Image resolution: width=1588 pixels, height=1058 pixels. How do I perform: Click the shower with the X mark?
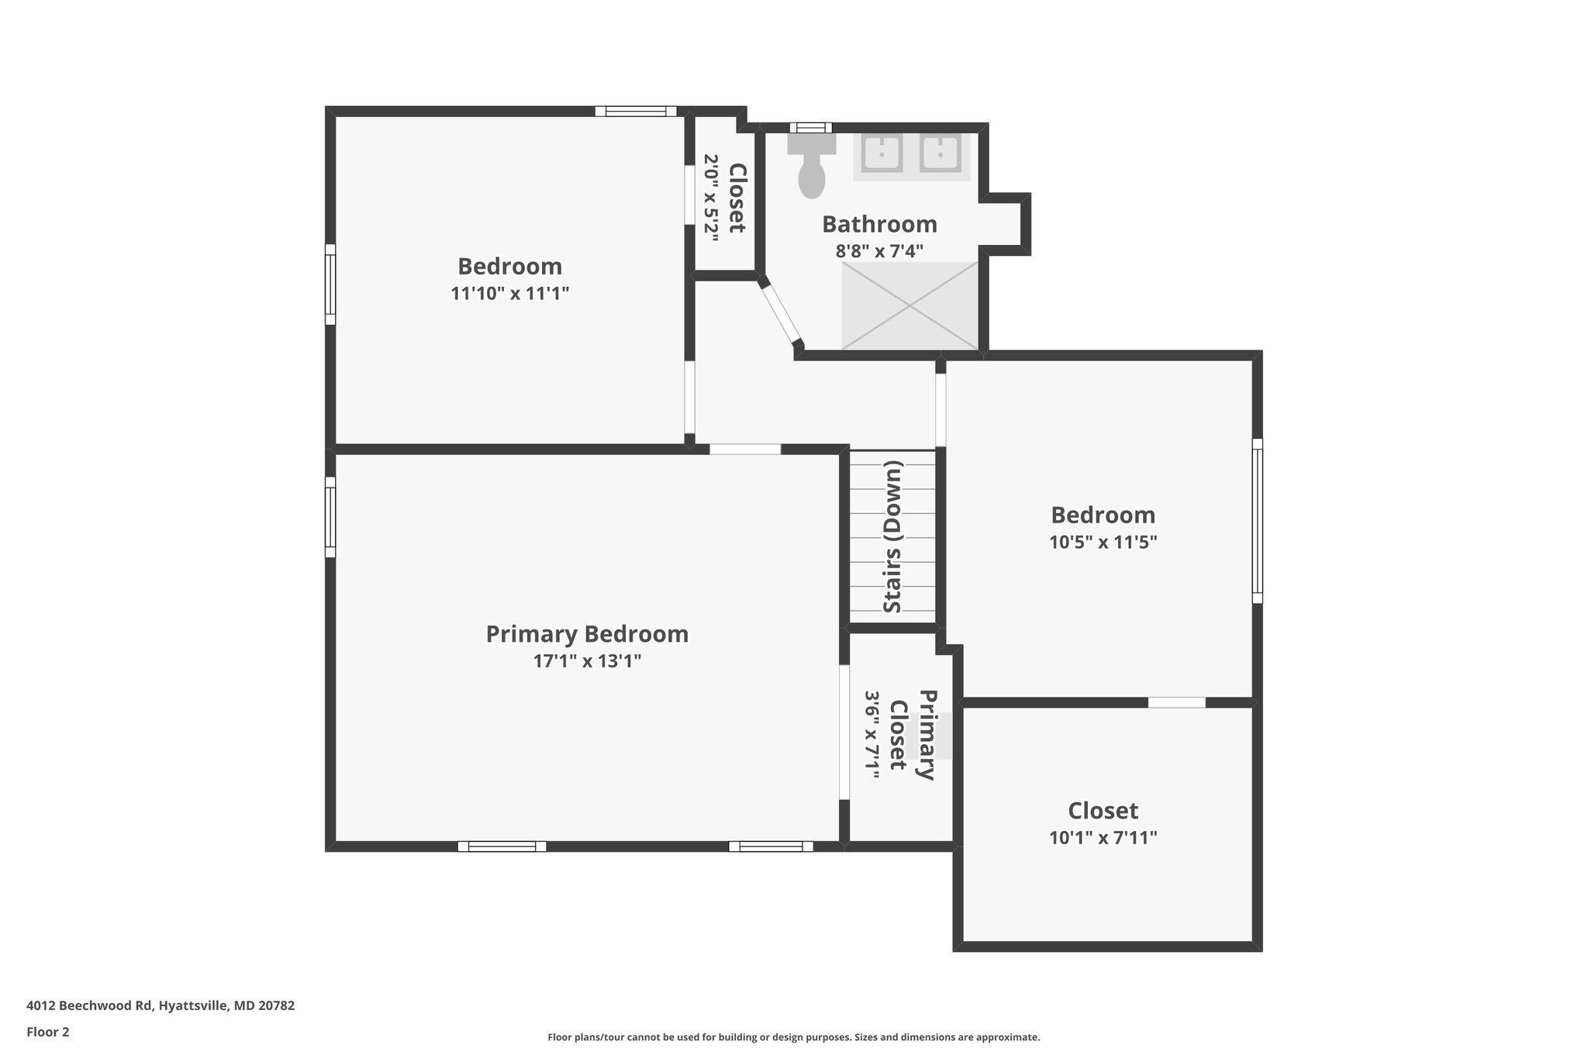[910, 305]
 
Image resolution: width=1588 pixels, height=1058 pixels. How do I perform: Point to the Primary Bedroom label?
[587, 634]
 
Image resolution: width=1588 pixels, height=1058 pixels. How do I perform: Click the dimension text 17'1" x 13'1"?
[587, 661]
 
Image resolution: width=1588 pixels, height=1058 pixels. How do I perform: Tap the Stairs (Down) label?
[893, 536]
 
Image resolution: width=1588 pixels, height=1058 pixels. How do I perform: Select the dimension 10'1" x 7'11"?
[1103, 838]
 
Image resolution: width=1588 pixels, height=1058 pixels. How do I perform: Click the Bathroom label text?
[879, 224]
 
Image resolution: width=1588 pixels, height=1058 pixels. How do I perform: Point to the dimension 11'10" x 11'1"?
[509, 294]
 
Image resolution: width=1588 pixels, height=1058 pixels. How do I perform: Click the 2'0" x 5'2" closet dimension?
[711, 198]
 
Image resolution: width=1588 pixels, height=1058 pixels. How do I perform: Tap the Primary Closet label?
[912, 735]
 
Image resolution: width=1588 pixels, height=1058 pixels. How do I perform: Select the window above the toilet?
[810, 128]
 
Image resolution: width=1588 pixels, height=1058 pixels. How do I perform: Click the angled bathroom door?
[781, 315]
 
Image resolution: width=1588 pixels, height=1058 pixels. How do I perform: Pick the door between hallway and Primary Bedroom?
[744, 450]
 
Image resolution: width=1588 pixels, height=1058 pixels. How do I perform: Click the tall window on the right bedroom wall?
[1257, 521]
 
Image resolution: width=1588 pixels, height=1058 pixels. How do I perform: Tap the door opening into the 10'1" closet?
[1176, 702]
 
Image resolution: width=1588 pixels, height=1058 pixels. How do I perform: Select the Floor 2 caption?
[48, 1032]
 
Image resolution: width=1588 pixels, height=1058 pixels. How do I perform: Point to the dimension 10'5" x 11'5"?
[1103, 543]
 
